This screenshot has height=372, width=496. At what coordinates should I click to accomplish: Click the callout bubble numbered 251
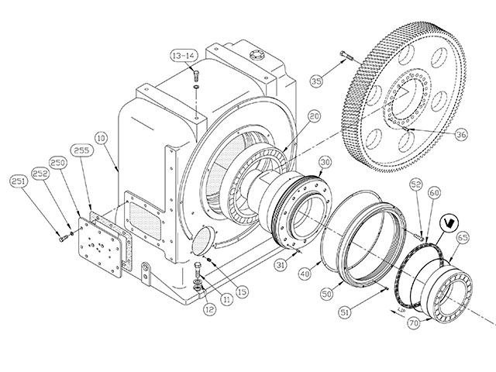click(x=19, y=182)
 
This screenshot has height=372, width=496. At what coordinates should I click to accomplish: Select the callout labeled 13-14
click(x=184, y=56)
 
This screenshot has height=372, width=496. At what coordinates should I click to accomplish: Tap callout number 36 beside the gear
click(x=461, y=134)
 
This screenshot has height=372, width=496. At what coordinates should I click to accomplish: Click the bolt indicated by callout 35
click(x=346, y=56)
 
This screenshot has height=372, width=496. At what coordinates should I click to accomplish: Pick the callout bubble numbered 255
click(x=81, y=150)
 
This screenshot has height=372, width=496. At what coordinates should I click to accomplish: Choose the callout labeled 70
click(x=414, y=323)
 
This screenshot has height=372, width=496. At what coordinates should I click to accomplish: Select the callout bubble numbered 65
click(x=463, y=238)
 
